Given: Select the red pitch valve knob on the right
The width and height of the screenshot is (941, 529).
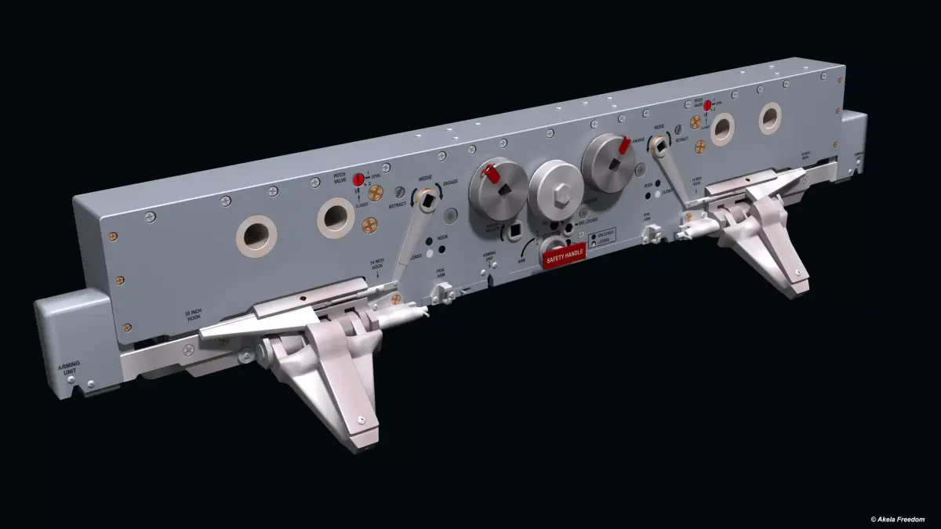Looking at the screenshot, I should point(707,105).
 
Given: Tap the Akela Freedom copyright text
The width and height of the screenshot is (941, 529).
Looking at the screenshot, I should point(897,519).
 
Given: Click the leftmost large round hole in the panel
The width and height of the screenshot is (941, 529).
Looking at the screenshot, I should point(256,236).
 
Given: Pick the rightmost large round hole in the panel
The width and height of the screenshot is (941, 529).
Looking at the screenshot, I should point(769,118).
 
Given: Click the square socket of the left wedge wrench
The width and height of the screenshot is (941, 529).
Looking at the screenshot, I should point(426,201).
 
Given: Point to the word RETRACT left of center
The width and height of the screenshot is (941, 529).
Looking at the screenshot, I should point(398,205).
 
